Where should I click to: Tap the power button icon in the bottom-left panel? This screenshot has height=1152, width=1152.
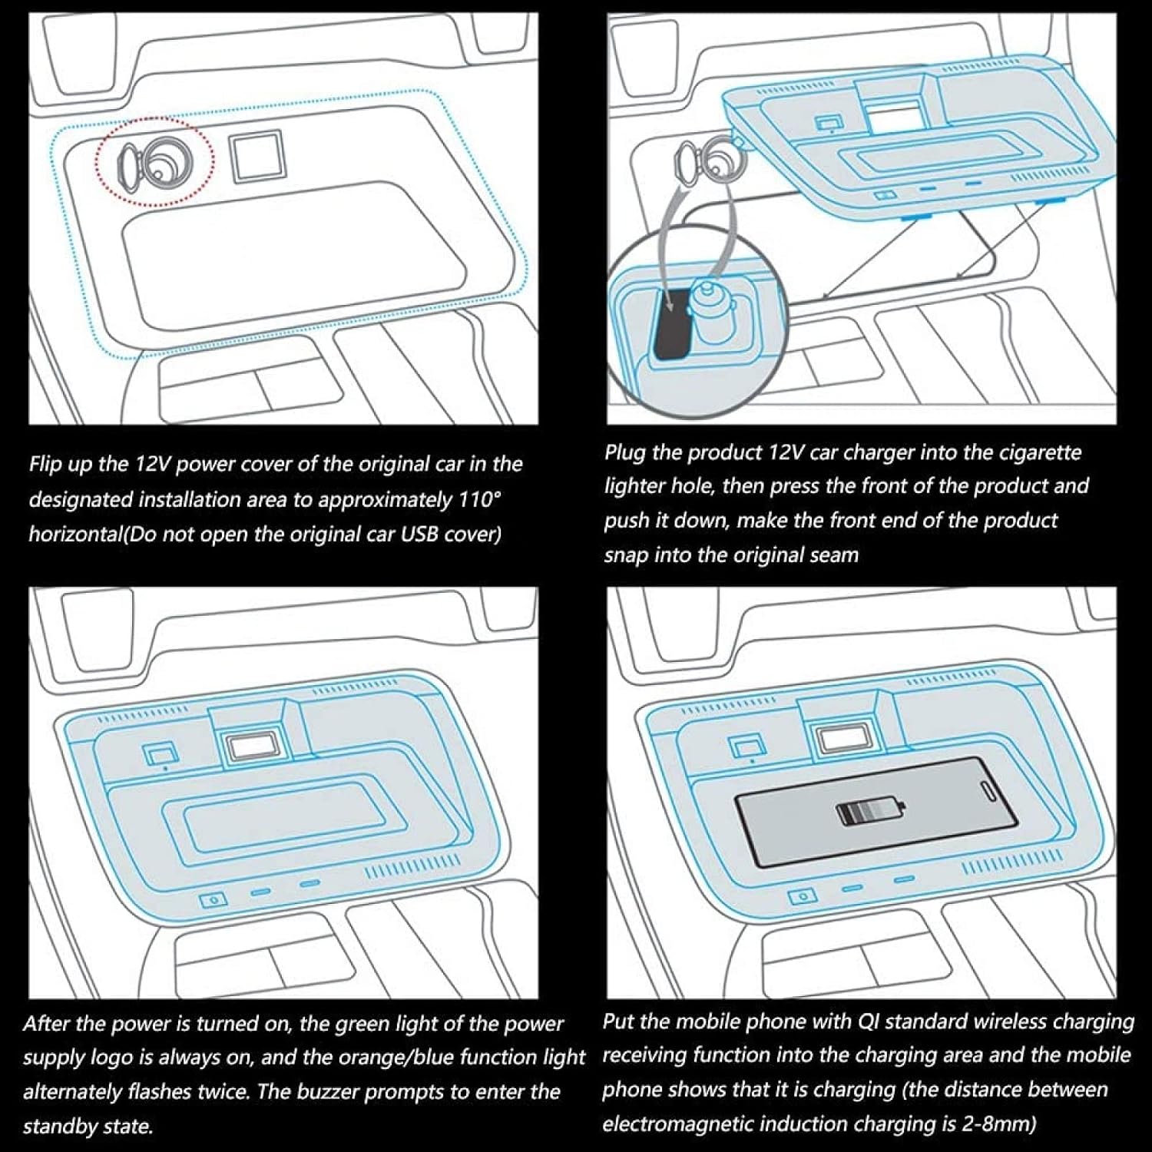coord(213,899)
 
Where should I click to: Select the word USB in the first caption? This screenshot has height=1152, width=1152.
coord(421,534)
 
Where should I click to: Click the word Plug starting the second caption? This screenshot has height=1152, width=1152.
coord(624,452)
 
